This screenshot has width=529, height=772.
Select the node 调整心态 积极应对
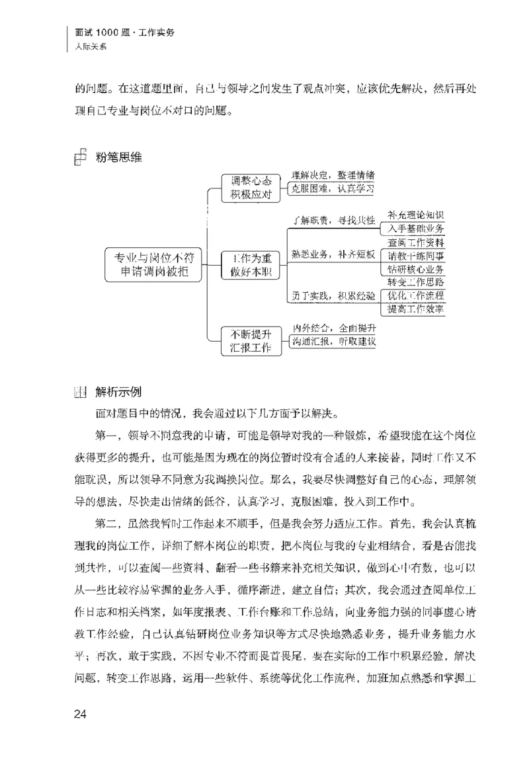251,187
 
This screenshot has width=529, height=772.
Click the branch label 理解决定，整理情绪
333,176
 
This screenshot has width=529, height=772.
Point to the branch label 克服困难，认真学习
333,189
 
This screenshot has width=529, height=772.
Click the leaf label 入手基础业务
416,228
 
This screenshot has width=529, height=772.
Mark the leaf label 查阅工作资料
416,242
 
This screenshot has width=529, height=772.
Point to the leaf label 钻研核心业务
416,268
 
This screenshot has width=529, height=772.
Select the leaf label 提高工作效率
416,309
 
